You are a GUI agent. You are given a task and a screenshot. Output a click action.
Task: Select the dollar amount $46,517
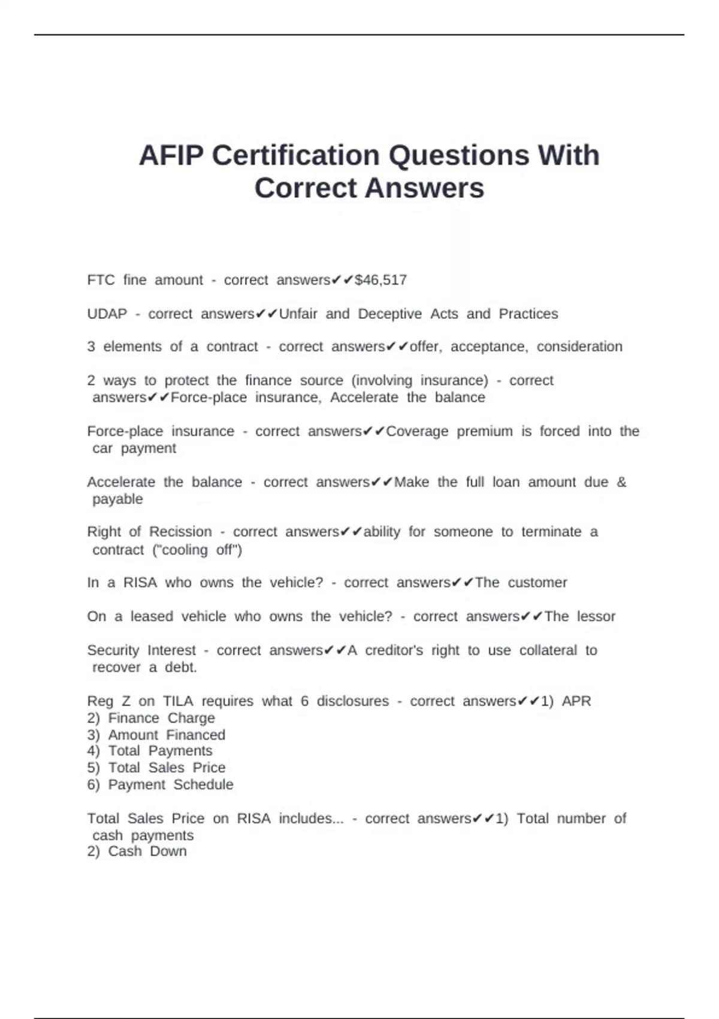coord(381,280)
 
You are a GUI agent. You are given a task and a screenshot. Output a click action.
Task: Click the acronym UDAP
coord(107,313)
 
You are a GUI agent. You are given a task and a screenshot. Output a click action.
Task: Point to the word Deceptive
coord(389,313)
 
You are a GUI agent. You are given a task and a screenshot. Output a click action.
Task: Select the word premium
coord(485,431)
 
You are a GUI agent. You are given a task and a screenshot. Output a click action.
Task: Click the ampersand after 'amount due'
coord(621,482)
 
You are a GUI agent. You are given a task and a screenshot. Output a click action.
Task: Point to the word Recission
coord(180,532)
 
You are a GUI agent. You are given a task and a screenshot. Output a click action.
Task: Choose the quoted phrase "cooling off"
coord(198,550)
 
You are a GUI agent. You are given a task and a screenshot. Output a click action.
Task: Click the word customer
coord(537,583)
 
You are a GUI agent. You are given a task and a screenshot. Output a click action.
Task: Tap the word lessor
coord(596,616)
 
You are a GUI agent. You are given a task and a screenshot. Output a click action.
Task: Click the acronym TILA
coord(178,701)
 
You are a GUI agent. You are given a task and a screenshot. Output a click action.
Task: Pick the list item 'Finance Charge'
coord(161,718)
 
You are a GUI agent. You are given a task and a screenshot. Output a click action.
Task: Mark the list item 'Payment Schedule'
coord(170,785)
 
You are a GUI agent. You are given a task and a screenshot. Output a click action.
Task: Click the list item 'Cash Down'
coord(147,852)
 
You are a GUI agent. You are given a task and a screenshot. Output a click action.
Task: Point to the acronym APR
coord(576,701)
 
